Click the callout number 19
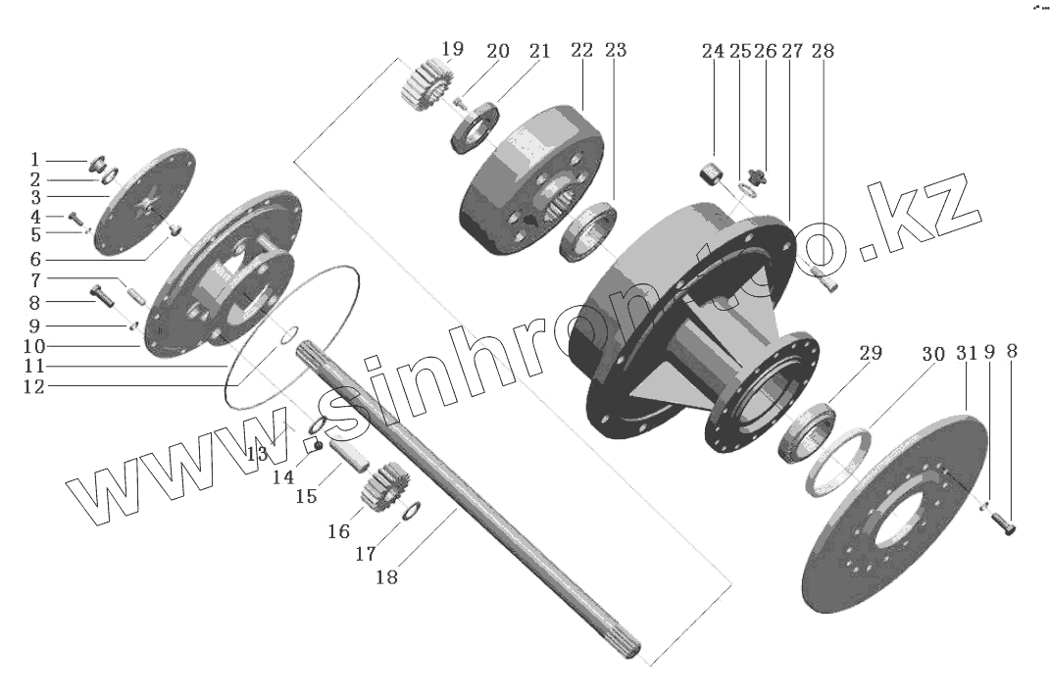(451, 48)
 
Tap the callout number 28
(823, 51)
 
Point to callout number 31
(967, 354)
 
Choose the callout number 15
(307, 497)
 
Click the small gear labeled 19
(425, 85)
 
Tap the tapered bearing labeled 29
(807, 431)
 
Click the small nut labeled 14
(318, 447)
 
